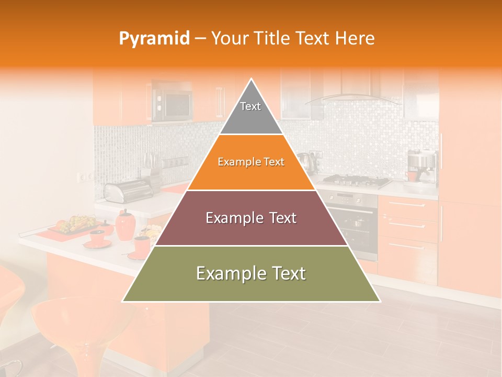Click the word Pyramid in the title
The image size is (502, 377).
[154, 39]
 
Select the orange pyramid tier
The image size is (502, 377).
[251, 162]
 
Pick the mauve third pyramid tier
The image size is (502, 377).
[251, 218]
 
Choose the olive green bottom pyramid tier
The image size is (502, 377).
[251, 274]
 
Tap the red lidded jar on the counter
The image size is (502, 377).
[125, 226]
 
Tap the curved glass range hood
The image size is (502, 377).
[350, 98]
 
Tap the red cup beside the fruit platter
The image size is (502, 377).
[97, 237]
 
